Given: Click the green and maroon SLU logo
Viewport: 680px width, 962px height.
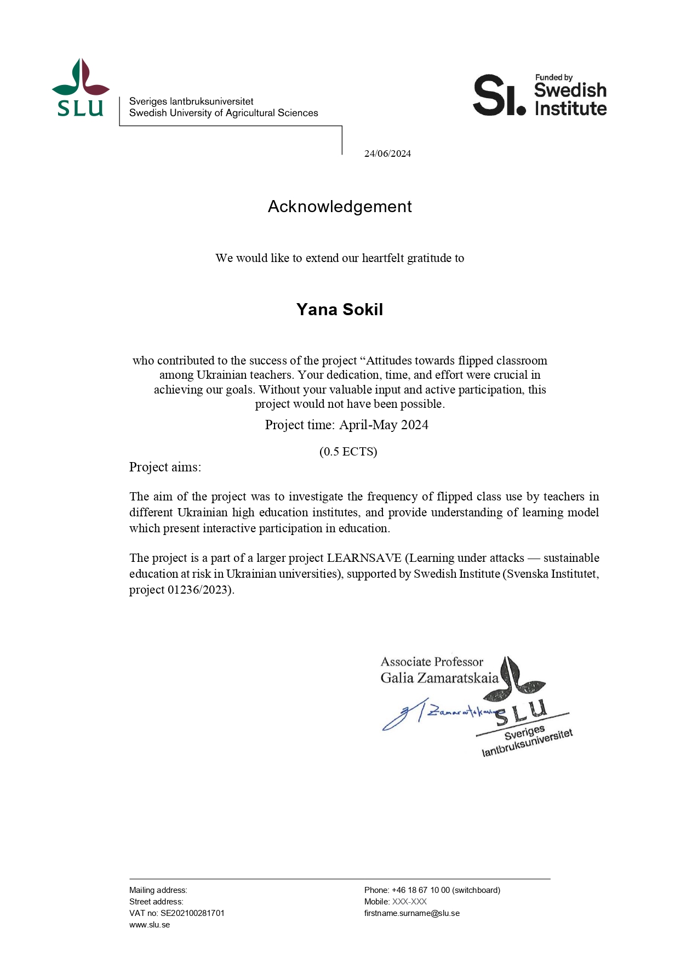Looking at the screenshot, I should coord(81,88).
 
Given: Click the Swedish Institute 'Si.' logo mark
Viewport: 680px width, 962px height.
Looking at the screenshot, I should coord(499,95).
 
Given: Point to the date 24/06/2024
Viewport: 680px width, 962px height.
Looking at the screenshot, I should coord(387,153).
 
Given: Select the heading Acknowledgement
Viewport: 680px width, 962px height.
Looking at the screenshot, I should coord(340,207).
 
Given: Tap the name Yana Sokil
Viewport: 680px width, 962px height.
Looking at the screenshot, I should coord(340,310).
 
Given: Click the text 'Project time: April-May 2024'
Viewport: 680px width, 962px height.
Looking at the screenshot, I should coord(346,425).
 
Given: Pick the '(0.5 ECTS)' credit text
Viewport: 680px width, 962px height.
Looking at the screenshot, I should coord(348,452).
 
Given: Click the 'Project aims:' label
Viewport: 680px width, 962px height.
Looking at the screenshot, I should coord(165,467).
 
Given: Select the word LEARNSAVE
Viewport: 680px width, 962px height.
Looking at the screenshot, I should coord(364,558).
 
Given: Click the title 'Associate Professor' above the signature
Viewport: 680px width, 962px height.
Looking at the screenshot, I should coord(432,662).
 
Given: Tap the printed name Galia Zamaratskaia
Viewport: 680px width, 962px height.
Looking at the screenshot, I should coord(439,678).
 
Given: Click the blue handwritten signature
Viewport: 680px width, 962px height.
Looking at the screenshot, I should coord(433,713).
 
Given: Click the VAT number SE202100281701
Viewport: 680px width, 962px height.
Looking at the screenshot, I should coord(192,913).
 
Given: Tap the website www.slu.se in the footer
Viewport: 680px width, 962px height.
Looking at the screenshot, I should coord(150,925).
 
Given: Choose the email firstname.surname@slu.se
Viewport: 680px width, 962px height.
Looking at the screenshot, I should coord(412,913).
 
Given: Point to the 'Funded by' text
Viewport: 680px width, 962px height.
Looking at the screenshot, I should coord(553,78).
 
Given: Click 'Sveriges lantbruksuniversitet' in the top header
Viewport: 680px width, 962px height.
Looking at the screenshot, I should coord(191,101).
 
